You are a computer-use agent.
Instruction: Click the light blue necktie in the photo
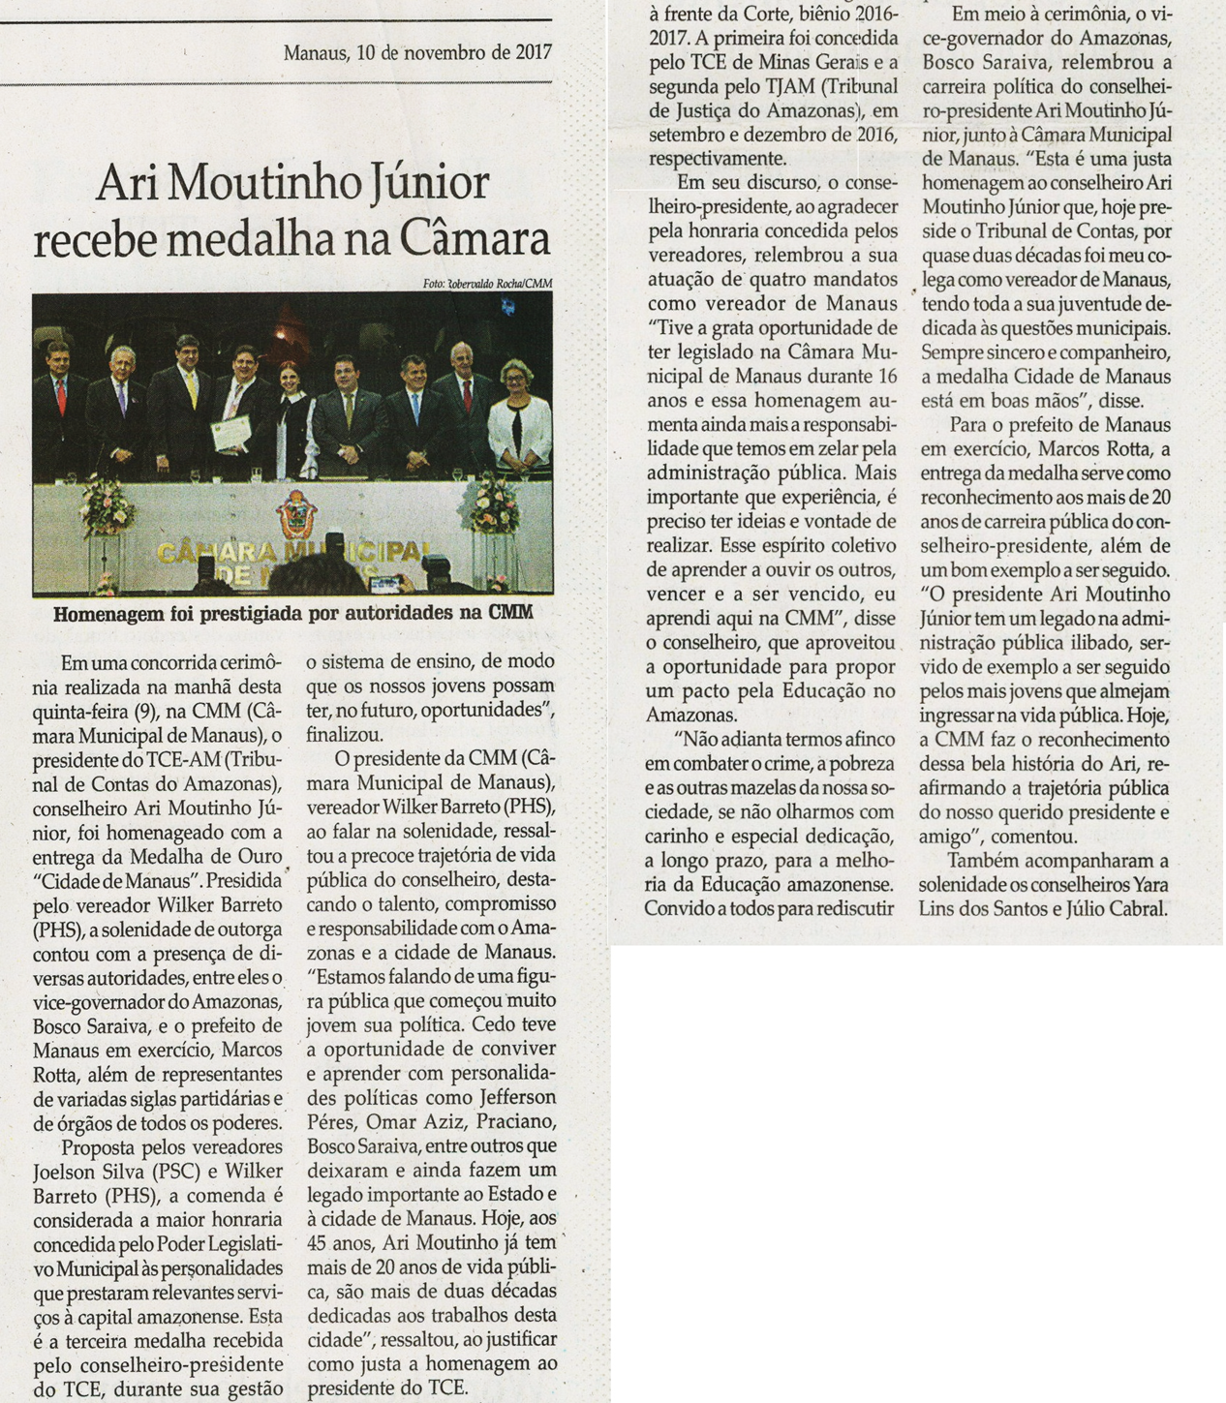click(x=415, y=407)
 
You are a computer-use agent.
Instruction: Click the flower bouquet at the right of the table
click(x=493, y=504)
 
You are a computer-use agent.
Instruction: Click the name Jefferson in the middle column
click(x=518, y=1098)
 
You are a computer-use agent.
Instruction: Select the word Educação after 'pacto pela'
click(x=823, y=691)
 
